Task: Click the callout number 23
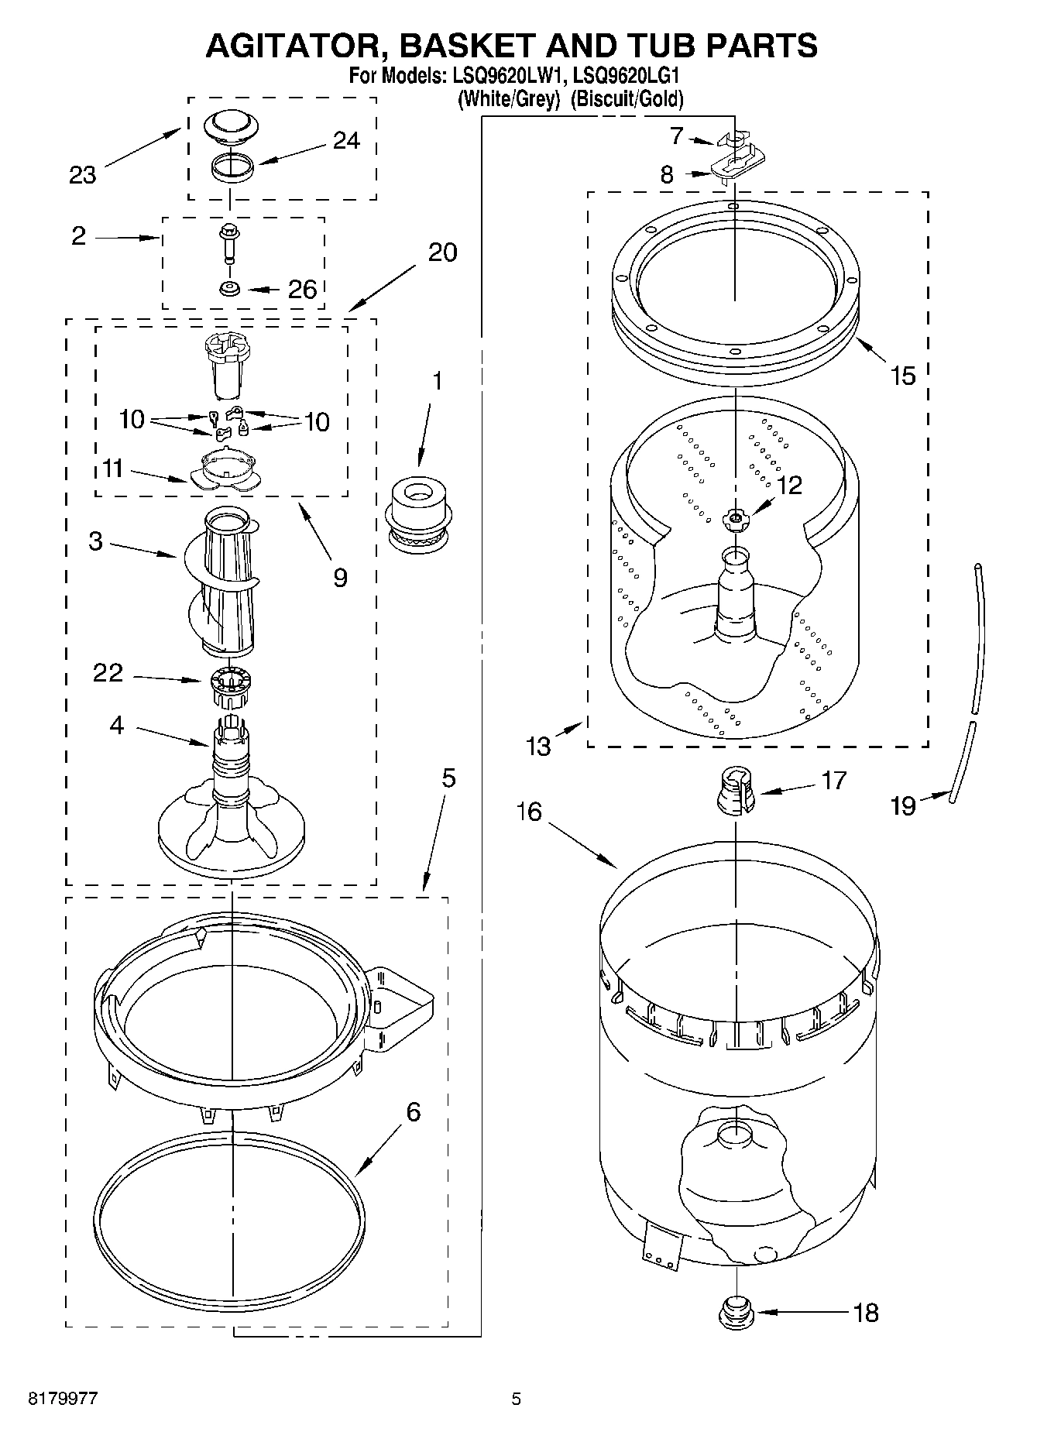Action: (x=82, y=175)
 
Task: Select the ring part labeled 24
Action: (x=232, y=167)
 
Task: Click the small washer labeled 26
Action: (x=229, y=289)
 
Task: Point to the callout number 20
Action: (x=442, y=252)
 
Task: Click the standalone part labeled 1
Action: (x=418, y=517)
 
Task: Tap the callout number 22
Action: (x=108, y=672)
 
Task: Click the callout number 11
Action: (x=113, y=469)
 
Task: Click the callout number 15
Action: (x=902, y=376)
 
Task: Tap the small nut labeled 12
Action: (x=735, y=519)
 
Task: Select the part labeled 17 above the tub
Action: (x=736, y=791)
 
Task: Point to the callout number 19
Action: (x=903, y=806)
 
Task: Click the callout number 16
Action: (x=531, y=812)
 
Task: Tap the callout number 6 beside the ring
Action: (x=414, y=1112)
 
